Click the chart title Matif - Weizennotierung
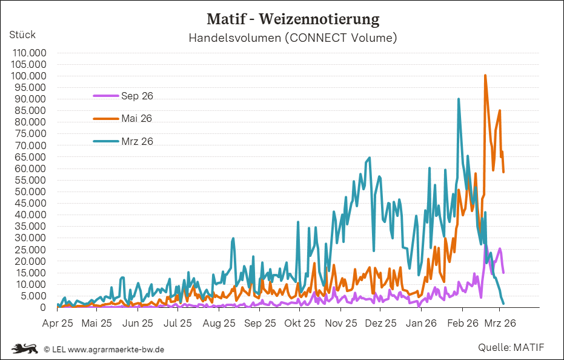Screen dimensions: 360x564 [x=293, y=19]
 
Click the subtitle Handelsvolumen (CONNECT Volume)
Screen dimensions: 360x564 [x=293, y=38]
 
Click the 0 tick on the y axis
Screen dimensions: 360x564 [x=44, y=307]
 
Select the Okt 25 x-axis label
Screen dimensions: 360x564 [x=300, y=323]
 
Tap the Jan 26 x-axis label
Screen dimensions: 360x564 [x=422, y=323]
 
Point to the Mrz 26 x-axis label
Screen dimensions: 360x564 [x=500, y=323]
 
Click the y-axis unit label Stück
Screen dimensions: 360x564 [x=22, y=35]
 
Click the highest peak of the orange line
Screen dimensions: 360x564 [x=485, y=76]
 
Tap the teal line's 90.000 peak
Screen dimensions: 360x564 [x=459, y=99]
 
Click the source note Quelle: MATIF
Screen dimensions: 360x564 [x=511, y=347]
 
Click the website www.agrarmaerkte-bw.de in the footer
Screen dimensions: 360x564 [x=116, y=349]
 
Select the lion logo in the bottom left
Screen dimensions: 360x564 [x=24, y=348]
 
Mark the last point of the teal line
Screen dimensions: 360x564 [x=503, y=304]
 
